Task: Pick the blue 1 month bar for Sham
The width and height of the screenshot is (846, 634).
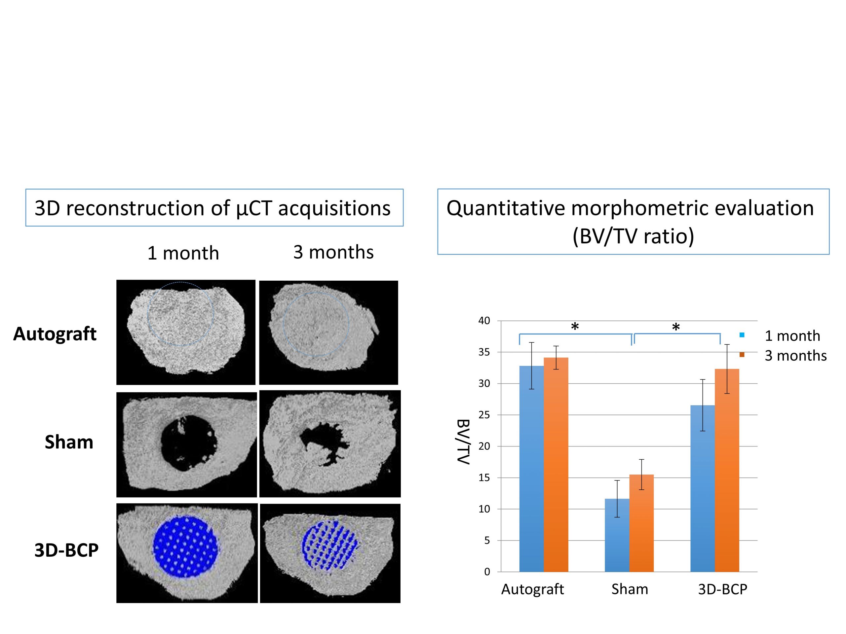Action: pyautogui.click(x=617, y=535)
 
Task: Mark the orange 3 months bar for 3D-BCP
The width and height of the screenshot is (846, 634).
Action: pyautogui.click(x=727, y=470)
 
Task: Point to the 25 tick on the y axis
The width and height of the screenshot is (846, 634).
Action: pyautogui.click(x=484, y=415)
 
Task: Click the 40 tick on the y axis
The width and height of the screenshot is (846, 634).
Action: pyautogui.click(x=484, y=321)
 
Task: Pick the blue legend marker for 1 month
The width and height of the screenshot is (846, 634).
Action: pyautogui.click(x=742, y=335)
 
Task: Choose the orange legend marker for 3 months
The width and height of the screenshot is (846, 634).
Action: pyautogui.click(x=742, y=355)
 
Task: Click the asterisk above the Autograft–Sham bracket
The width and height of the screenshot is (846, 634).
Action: pyautogui.click(x=574, y=327)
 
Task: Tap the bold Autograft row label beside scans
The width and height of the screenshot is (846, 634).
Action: pyautogui.click(x=55, y=334)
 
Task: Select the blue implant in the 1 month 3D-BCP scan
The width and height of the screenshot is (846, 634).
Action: pyautogui.click(x=186, y=547)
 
